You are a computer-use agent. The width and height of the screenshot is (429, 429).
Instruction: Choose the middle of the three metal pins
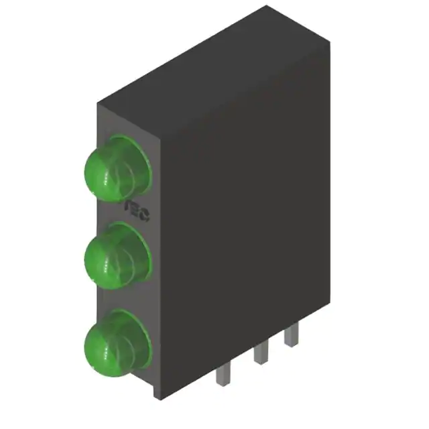tap(259, 354)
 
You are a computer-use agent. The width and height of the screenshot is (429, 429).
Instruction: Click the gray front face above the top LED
tap(127, 124)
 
